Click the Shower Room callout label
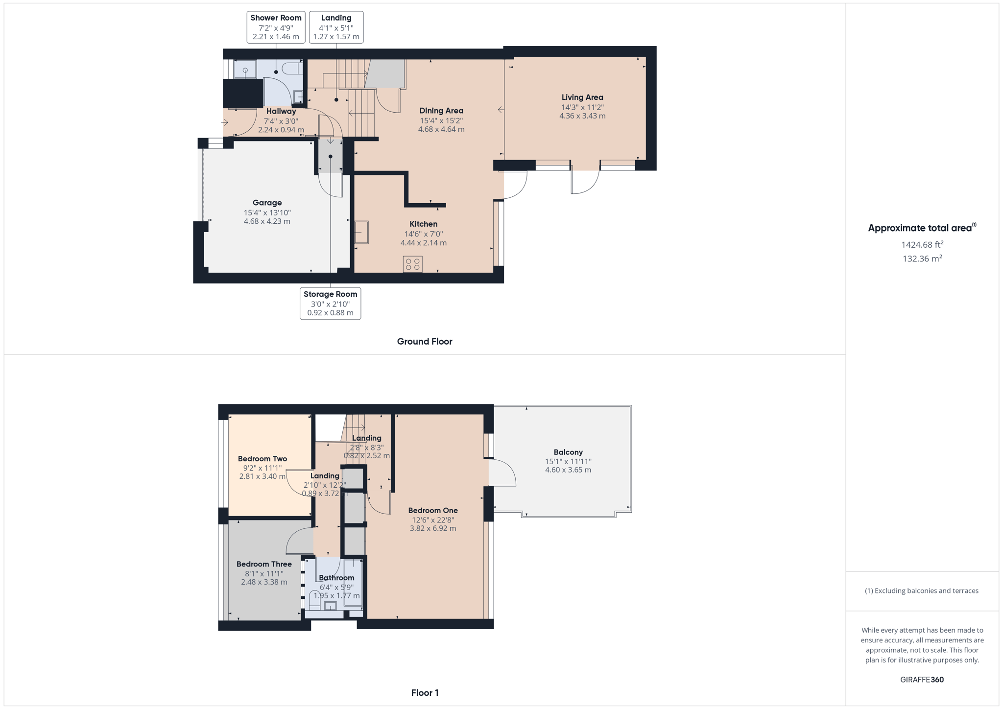(276, 27)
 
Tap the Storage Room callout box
(330, 304)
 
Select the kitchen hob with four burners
(413, 264)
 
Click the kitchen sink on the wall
(361, 232)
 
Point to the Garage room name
(267, 203)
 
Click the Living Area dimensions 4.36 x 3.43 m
(582, 116)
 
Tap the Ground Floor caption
(425, 341)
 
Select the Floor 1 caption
(425, 693)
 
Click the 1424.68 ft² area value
(922, 244)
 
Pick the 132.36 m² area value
(922, 259)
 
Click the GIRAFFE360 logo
(922, 680)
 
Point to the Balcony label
(568, 452)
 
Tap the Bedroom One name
(433, 511)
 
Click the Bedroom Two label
(263, 459)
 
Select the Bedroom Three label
(264, 564)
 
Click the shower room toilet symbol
(293, 68)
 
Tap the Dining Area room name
(441, 111)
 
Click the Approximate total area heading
(922, 228)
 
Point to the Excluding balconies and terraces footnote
(922, 591)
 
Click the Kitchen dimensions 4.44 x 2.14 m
(424, 243)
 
